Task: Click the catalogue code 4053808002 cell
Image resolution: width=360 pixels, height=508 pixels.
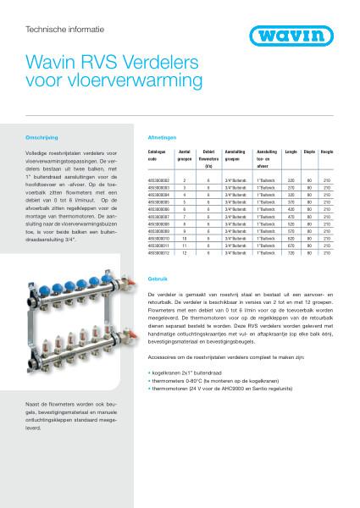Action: tap(159, 180)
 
